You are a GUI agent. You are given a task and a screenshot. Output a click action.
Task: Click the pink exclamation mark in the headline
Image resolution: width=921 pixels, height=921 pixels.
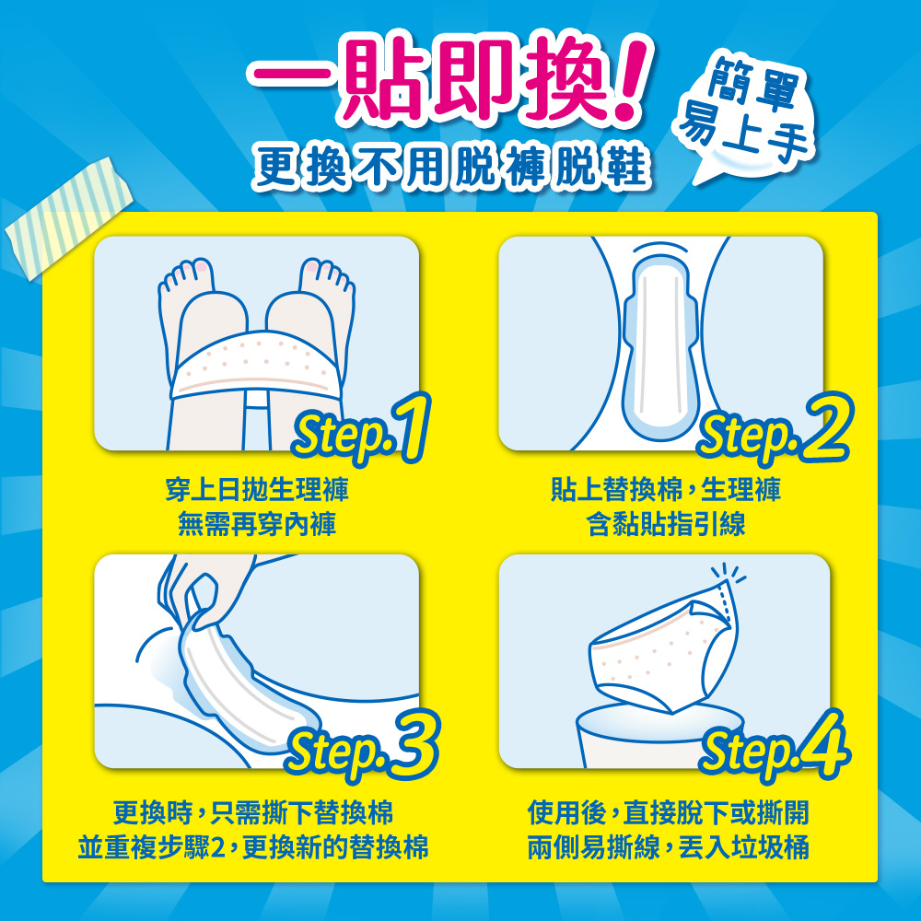coord(628,79)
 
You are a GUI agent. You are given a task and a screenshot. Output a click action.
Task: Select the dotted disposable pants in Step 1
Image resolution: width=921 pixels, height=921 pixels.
coord(256,364)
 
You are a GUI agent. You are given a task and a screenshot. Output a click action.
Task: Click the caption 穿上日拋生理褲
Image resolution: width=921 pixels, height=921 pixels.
coord(257,489)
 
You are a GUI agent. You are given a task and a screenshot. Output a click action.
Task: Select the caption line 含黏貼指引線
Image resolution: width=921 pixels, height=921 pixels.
coord(666,524)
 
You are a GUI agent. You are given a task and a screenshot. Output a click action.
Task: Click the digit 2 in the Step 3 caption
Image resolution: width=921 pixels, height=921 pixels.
coord(217,847)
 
